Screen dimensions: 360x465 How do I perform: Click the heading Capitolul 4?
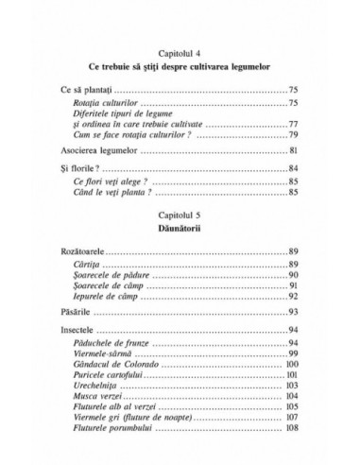coord(180,57)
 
